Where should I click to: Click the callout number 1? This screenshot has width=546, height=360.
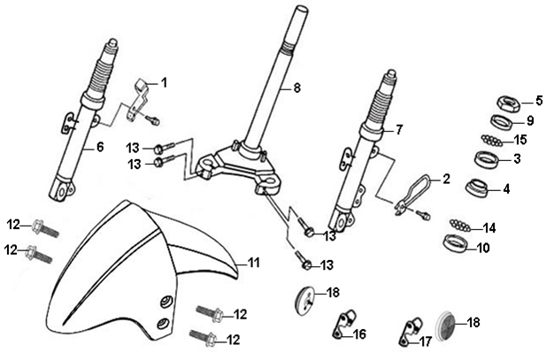coord(164,82)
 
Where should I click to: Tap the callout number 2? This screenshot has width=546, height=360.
coord(446,178)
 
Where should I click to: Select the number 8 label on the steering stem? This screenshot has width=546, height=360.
coord(297,88)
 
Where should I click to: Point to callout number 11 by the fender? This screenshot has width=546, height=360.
coord(253,262)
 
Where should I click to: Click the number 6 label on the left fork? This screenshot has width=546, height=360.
coord(100,147)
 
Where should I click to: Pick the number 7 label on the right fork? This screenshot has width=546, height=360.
coord(399,130)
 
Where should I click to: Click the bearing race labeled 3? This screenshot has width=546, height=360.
coord(488,162)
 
